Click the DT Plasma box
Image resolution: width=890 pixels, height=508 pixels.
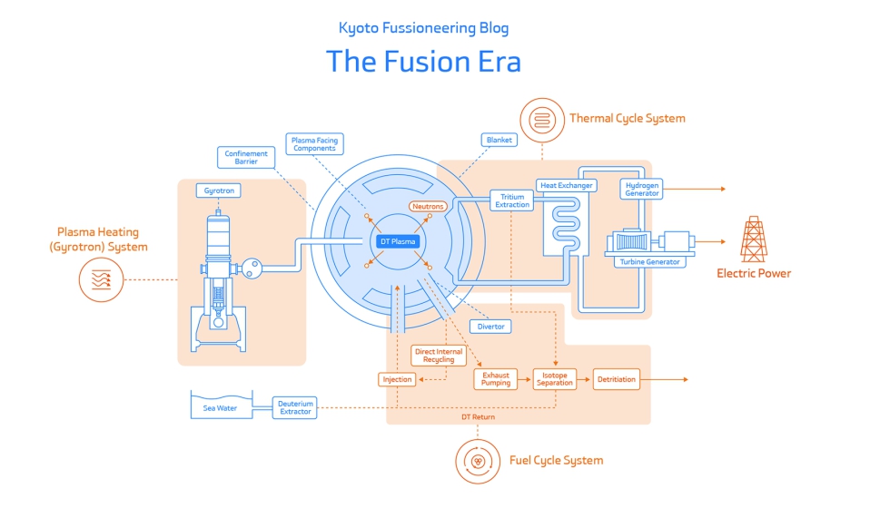398,241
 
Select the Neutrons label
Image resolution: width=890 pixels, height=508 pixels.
428,207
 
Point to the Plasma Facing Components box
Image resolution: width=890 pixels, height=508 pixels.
314,144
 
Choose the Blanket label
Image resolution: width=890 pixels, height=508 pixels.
499,141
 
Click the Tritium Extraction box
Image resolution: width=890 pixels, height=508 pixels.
512,200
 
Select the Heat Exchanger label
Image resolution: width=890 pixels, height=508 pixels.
567,185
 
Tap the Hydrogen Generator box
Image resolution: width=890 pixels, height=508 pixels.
642,189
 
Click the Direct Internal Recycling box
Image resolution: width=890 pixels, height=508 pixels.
439,355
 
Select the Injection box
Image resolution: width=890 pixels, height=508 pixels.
397,379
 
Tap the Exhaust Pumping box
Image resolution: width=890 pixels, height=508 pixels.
496,379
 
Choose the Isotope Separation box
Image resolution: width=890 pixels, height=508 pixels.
555,379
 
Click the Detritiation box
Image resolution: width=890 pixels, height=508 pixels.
617,379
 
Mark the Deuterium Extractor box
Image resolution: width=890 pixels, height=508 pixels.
295,408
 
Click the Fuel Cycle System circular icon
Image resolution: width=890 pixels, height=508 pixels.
478,460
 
